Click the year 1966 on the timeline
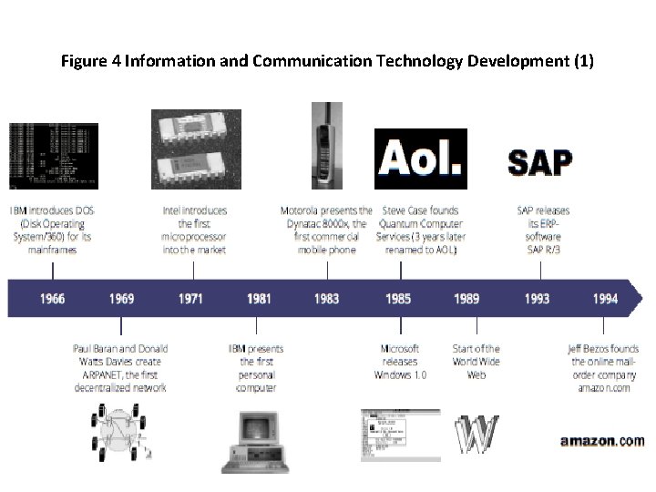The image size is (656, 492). coord(53,299)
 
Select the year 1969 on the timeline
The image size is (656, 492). coord(122,299)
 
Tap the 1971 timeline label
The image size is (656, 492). coord(191,299)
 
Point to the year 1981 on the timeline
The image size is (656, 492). coord(259,299)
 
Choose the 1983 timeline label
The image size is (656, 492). coord(326,299)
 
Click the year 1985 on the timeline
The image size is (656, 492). coord(398,299)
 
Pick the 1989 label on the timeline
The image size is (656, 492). coord(467,299)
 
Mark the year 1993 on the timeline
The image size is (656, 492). coord(538,299)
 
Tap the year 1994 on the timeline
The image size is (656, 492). coord(605,299)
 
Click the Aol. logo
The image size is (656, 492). coord(420,159)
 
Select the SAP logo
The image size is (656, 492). coord(539,162)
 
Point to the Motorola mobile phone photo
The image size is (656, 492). coord(326,145)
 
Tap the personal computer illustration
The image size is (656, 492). coord(254,441)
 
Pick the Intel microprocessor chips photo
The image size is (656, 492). coord(196,149)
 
